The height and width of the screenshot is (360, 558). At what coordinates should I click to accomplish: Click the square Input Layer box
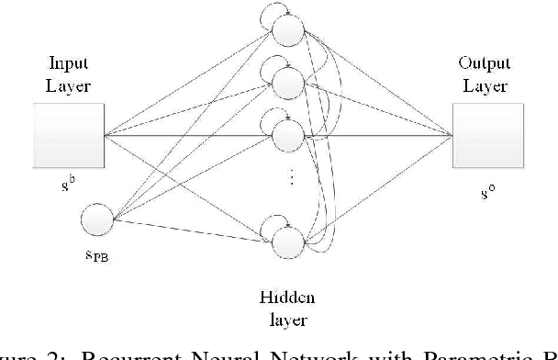70,136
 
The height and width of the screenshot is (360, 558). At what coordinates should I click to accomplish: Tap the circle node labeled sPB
97,220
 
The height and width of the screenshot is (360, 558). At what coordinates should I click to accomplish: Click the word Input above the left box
70,64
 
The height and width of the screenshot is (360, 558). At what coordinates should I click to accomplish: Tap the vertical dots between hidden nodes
292,180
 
